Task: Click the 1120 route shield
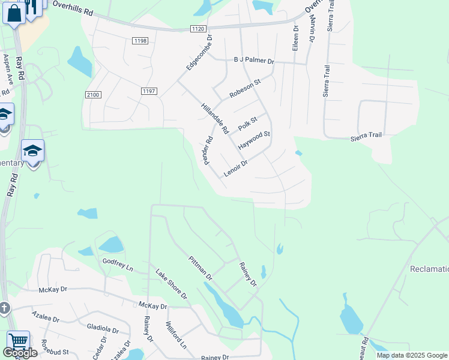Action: tap(199, 28)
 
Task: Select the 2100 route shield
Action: tap(93, 95)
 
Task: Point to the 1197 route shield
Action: tap(149, 91)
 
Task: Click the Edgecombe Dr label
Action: tap(199, 52)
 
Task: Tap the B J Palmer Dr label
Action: tap(253, 61)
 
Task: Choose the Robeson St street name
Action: tap(246, 89)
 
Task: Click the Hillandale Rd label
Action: tap(215, 117)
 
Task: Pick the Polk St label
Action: tap(247, 124)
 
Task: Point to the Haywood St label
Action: tap(255, 141)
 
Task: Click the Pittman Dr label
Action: tap(200, 268)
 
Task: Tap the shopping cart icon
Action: tap(18, 341)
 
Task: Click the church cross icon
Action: tap(4, 309)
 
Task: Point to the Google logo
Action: tap(20, 353)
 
